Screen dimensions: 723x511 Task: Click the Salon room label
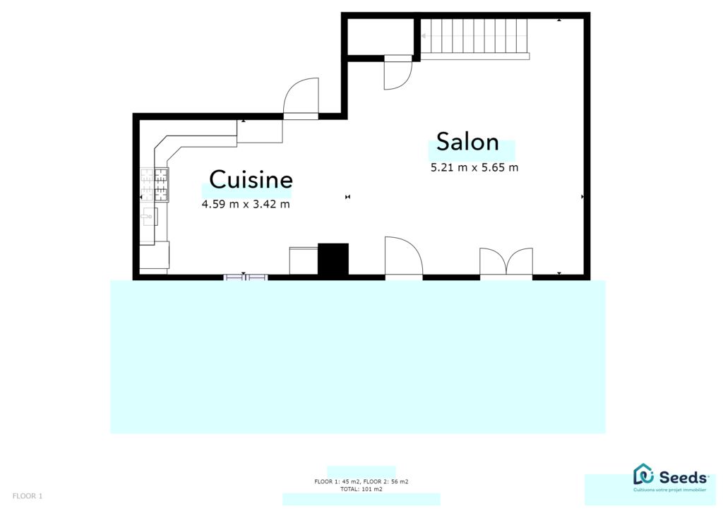point(467,141)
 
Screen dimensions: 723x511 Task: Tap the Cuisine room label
point(251,179)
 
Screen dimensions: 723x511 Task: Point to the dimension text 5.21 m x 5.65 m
point(474,167)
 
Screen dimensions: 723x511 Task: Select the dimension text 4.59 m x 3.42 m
point(246,204)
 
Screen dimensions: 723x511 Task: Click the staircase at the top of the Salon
point(474,39)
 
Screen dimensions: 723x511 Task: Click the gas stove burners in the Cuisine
point(155,184)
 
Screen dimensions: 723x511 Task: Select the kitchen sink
point(150,217)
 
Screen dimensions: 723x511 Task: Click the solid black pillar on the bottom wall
point(333,259)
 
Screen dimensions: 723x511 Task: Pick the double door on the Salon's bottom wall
point(506,263)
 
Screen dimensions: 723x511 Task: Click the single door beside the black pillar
point(403,257)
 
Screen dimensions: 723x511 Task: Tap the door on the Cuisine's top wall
point(301,98)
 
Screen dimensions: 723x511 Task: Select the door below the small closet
point(398,72)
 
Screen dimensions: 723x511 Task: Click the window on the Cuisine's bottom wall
point(245,277)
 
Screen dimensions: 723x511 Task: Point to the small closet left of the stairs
point(381,37)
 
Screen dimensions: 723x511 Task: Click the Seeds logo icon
point(644,474)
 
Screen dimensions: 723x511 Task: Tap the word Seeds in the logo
point(683,477)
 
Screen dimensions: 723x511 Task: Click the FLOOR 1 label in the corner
point(28,496)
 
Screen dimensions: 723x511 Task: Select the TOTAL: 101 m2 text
point(361,489)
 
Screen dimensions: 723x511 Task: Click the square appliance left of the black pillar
point(304,261)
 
